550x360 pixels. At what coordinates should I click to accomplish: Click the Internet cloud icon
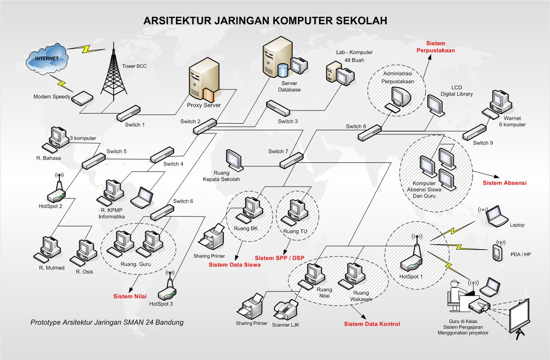(x=47, y=59)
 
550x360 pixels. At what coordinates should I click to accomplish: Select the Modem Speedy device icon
(x=82, y=98)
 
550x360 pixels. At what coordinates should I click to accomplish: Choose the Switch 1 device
(x=128, y=113)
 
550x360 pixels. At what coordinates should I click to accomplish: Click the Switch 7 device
(x=291, y=160)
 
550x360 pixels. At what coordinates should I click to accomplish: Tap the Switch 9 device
(x=475, y=132)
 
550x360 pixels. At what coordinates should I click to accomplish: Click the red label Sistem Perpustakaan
(x=436, y=47)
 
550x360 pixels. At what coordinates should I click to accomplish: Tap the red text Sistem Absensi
(x=505, y=183)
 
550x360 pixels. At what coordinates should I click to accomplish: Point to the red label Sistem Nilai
(x=130, y=296)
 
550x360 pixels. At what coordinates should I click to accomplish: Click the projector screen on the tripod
(x=519, y=319)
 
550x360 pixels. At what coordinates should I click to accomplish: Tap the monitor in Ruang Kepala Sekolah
(x=235, y=160)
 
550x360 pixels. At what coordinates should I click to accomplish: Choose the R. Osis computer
(x=84, y=253)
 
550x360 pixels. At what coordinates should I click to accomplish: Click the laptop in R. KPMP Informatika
(x=142, y=198)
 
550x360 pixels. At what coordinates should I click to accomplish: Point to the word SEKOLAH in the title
(x=361, y=21)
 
